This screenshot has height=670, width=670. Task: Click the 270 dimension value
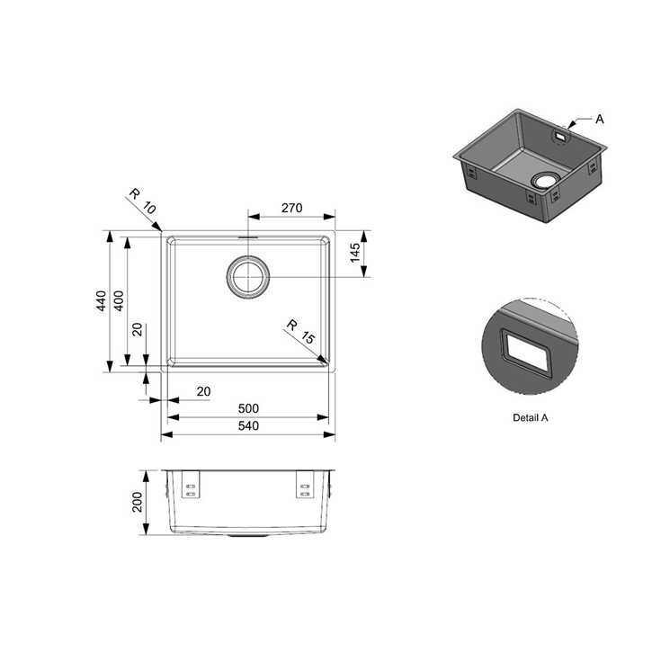click(x=292, y=208)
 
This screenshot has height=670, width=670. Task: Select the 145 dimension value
click(x=355, y=253)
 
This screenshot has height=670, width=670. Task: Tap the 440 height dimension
click(x=102, y=300)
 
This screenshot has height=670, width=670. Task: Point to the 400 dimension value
click(x=119, y=300)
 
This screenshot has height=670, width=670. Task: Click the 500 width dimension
click(x=248, y=409)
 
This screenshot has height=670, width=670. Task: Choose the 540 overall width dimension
click(x=248, y=426)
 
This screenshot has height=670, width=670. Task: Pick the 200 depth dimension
click(x=137, y=503)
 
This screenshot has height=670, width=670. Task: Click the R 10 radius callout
click(x=143, y=201)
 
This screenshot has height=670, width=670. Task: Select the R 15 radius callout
click(x=300, y=332)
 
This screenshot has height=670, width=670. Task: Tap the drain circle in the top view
click(x=247, y=277)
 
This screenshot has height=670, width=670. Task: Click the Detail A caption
click(x=531, y=417)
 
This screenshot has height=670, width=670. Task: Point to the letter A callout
click(x=600, y=120)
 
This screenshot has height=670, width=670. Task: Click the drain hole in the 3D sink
click(x=545, y=180)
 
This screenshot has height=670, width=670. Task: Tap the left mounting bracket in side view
click(x=191, y=485)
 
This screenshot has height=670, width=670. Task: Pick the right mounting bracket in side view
click(x=305, y=485)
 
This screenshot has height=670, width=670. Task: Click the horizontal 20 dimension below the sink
click(x=204, y=391)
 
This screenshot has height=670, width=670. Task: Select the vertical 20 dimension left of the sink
click(x=138, y=329)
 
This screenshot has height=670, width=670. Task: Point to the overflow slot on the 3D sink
click(x=560, y=136)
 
